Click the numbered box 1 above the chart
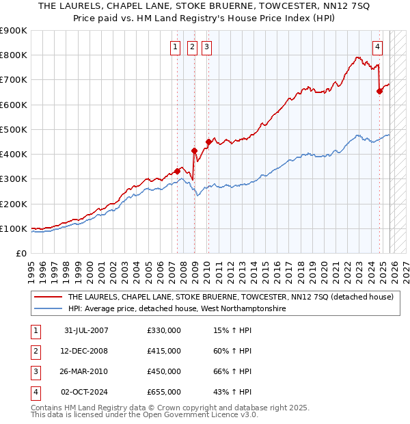pyautogui.click(x=176, y=47)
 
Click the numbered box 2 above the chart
pyautogui.click(x=191, y=47)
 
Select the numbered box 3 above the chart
pyautogui.click(x=206, y=47)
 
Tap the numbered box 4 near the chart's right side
pyautogui.click(x=377, y=47)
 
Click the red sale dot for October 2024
pyautogui.click(x=379, y=92)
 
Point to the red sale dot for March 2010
pyautogui.click(x=208, y=142)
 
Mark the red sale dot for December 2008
pyautogui.click(x=194, y=150)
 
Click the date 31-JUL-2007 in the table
pyautogui.click(x=86, y=330)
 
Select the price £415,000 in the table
pyautogui.click(x=164, y=351)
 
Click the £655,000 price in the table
pyautogui.click(x=164, y=392)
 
